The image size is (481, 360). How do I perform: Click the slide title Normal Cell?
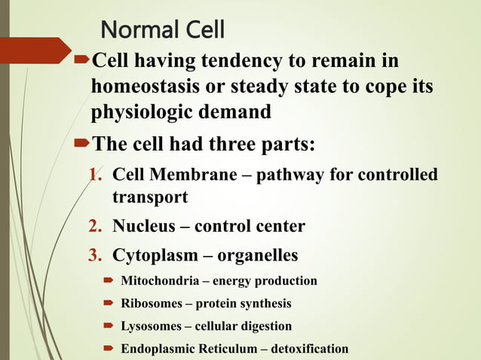pyautogui.click(x=162, y=30)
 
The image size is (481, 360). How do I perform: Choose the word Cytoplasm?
pyautogui.click(x=152, y=255)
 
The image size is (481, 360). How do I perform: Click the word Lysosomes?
pyautogui.click(x=146, y=326)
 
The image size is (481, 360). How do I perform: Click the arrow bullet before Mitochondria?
pyautogui.click(x=107, y=281)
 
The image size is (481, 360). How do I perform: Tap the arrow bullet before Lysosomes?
pyautogui.click(x=107, y=326)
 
